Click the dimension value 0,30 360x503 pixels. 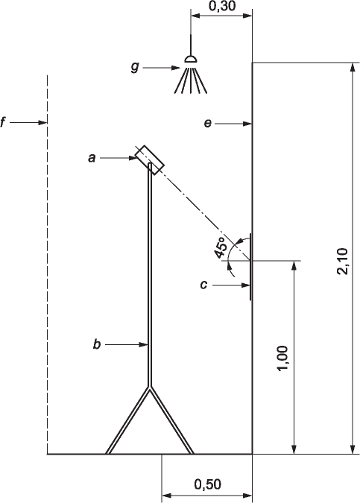coord(222,6)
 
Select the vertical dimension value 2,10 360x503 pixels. coord(343,261)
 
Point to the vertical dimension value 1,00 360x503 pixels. coord(282,358)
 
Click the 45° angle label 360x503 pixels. coord(221,248)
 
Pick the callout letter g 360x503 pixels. coord(135,67)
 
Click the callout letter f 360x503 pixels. coord(3,122)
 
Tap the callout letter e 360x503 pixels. coord(208,124)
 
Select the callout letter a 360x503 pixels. coord(92,158)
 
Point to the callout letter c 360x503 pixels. coord(203,285)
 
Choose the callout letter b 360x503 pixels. coord(97,344)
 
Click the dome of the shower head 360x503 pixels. coord(191,59)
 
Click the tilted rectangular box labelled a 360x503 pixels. coord(150,160)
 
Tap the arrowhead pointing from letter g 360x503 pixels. coord(176,68)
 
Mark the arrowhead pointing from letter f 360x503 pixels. coord(42,122)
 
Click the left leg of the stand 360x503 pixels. coord(127,420)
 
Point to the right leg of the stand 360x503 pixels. coord(171,420)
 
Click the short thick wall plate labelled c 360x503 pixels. coord(250,267)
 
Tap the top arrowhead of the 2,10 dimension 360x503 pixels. coord(353,67)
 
